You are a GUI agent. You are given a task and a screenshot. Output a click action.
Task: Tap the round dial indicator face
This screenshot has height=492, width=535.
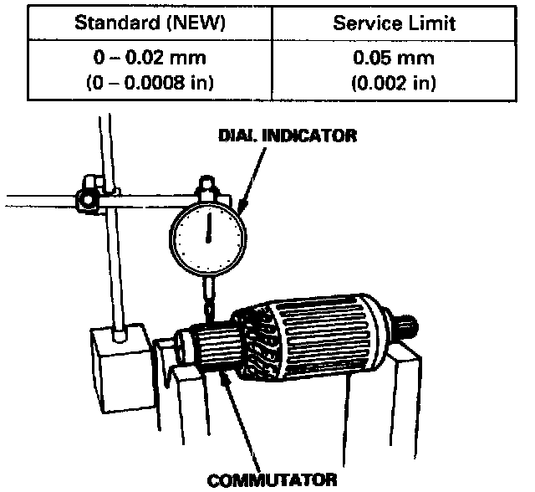[x=209, y=235]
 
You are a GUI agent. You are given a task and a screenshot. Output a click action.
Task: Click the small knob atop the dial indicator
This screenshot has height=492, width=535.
[x=206, y=182]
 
